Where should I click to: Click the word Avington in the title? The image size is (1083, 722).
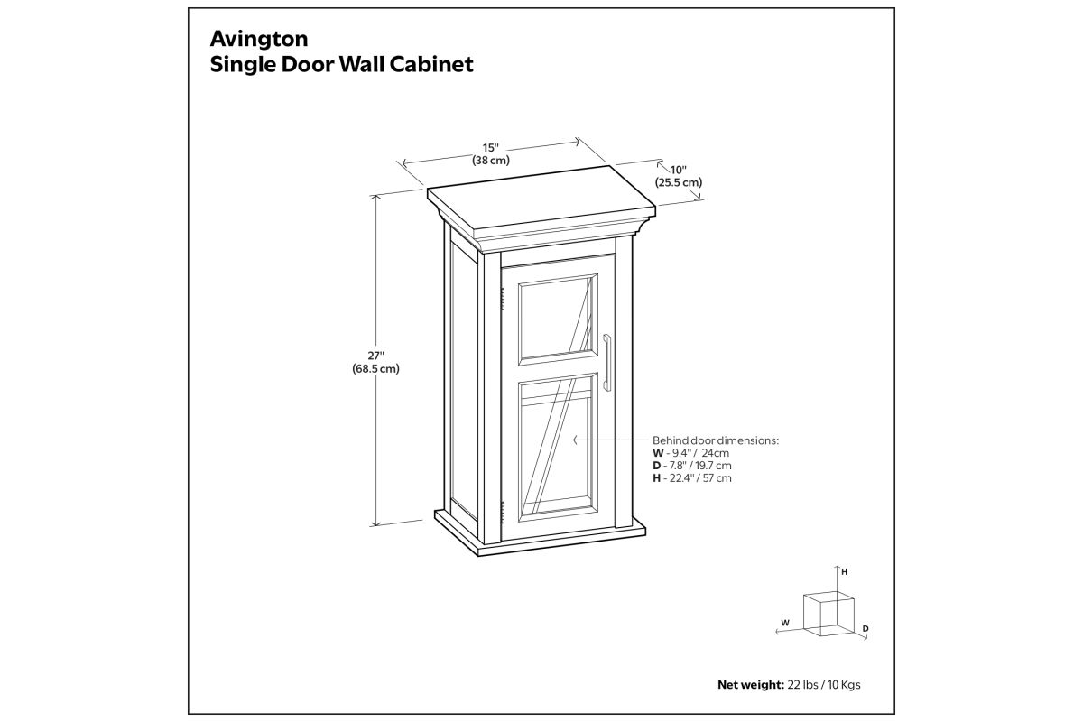point(259,39)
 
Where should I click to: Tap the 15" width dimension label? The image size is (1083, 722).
point(490,148)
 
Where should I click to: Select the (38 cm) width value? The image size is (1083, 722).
point(491,161)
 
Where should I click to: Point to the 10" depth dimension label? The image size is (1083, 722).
point(679,171)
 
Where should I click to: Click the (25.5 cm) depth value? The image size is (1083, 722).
point(679,183)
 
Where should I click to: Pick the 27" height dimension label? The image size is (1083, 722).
point(375,356)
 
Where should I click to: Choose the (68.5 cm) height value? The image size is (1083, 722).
point(375,369)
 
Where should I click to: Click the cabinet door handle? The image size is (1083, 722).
point(606,363)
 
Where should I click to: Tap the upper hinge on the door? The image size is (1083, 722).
point(503,299)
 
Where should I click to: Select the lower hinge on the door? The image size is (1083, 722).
point(503,513)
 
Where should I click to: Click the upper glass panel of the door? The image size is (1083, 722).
point(558,319)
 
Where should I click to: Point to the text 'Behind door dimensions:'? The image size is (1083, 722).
point(716,440)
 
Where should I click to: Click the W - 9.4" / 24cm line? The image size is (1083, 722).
point(691,453)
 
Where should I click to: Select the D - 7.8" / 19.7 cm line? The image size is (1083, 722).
point(692,466)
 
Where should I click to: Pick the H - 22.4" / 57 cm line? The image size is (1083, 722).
point(692,478)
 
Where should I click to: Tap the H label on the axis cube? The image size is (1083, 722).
point(844,572)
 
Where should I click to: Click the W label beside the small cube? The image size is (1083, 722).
point(785,623)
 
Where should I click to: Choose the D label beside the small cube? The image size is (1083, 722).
point(865,629)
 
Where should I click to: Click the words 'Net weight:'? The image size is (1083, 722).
point(750,685)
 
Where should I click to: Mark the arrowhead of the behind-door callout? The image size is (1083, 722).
point(576,440)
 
